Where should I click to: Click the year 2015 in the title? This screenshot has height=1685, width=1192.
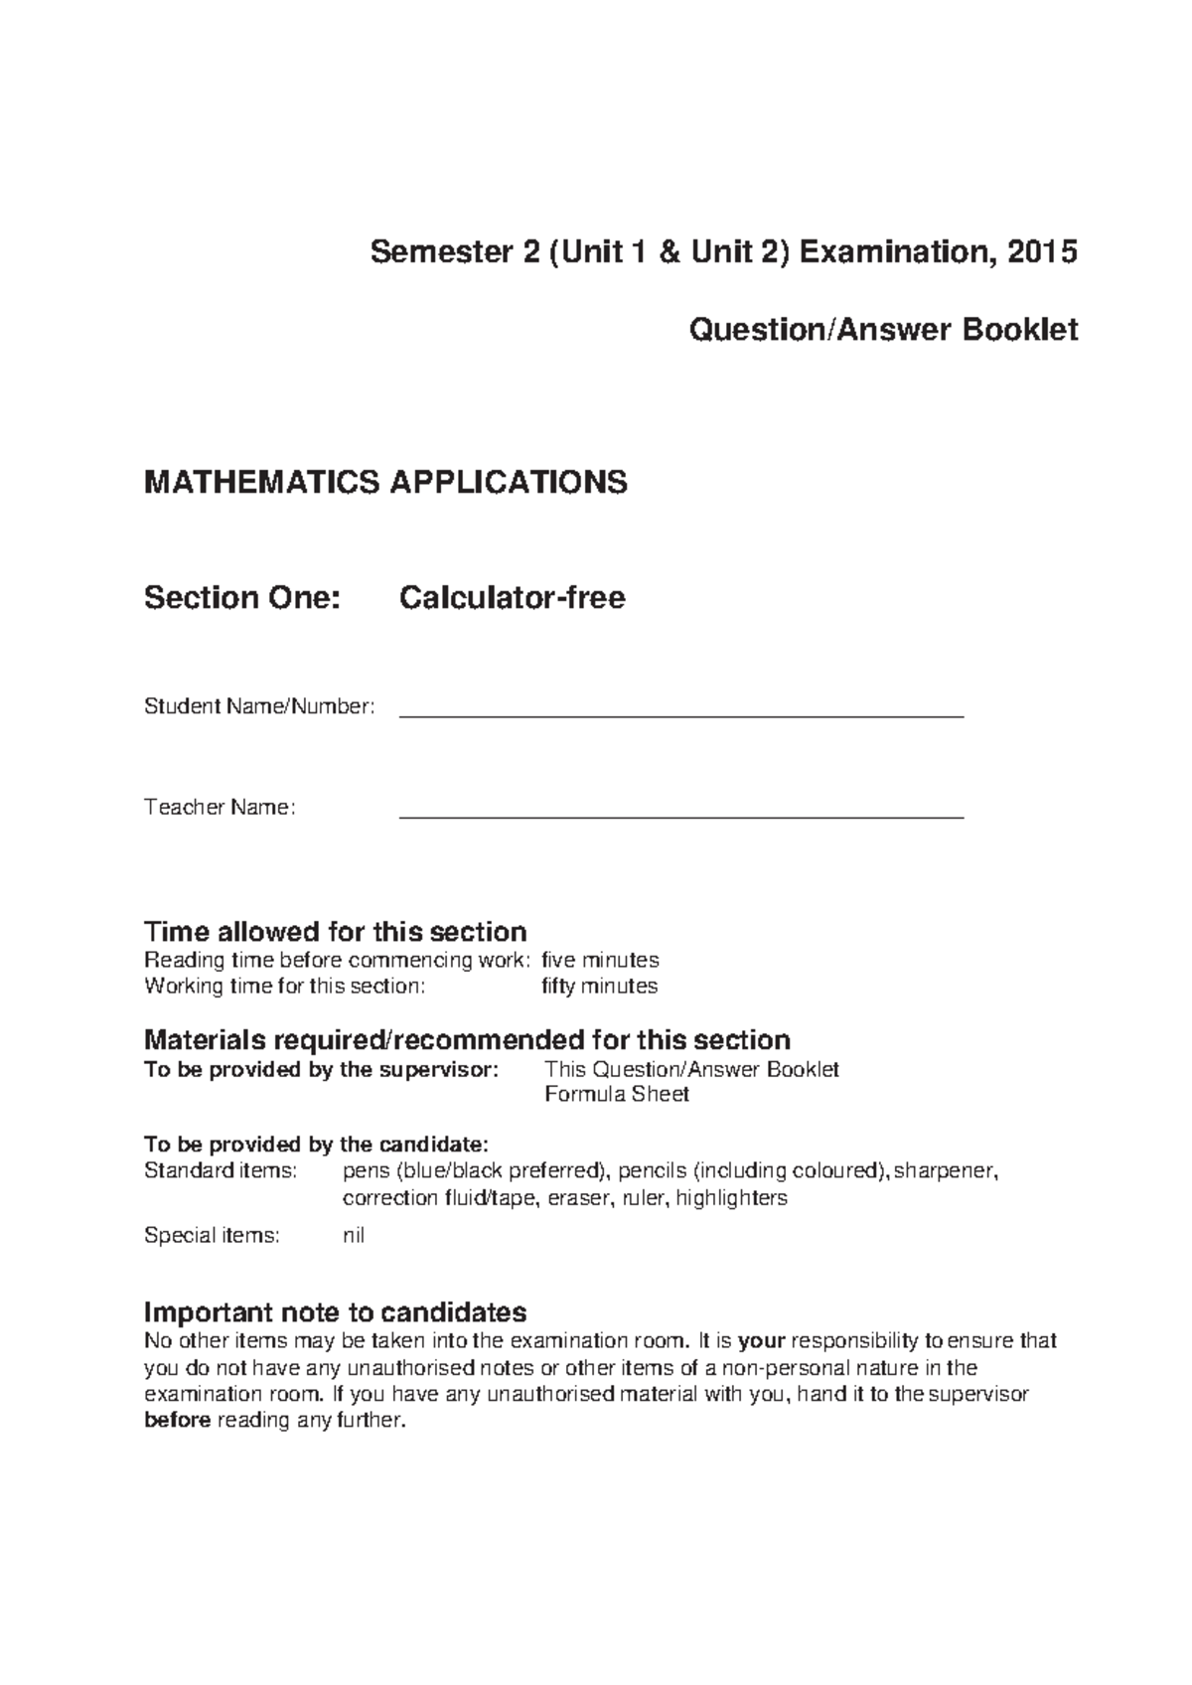pos(1042,252)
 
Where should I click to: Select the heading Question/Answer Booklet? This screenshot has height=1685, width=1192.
pos(883,330)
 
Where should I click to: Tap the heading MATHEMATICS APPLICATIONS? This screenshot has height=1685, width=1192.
pos(385,483)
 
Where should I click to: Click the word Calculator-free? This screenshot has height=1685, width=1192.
pos(512,598)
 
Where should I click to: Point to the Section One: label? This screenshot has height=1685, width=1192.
pos(241,598)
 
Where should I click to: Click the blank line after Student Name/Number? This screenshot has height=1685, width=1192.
pos(680,712)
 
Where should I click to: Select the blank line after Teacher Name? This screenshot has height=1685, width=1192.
pos(680,814)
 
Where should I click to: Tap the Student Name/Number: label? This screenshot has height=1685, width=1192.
pos(259,706)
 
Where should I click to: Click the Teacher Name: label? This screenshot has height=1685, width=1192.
pos(220,808)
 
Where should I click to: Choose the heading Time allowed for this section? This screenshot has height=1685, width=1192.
pos(335,932)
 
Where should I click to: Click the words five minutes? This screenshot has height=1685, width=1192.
pos(600,960)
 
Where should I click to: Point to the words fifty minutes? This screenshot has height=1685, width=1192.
pos(599,986)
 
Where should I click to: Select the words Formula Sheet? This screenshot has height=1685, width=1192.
pos(617,1094)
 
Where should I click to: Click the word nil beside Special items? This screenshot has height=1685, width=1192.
pos(354,1236)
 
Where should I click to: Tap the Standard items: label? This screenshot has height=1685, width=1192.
pos(221,1170)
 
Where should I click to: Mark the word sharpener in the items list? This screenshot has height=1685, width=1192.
pos(946,1170)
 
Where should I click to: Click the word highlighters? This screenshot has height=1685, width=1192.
pos(731,1198)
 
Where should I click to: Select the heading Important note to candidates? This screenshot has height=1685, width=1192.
pos(335,1311)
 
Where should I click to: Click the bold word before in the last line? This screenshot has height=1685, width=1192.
pos(177,1421)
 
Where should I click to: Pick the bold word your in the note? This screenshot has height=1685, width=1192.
pos(762,1341)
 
